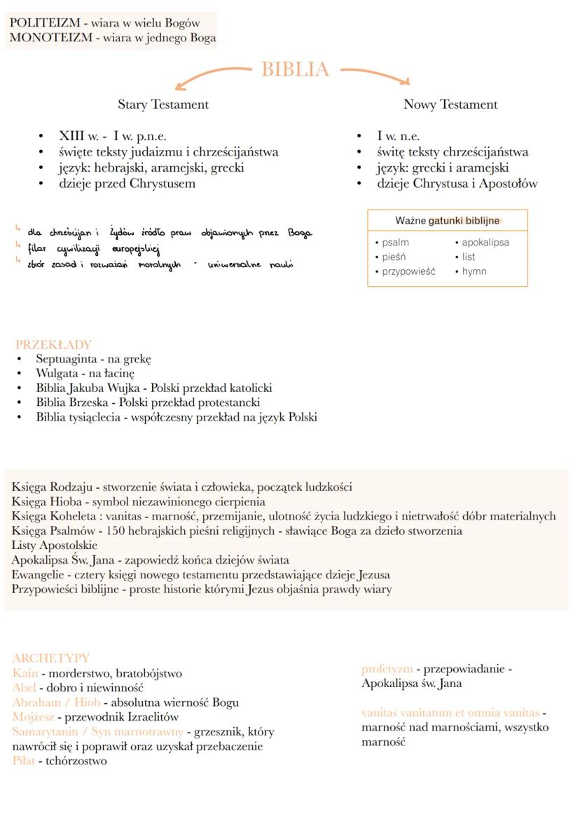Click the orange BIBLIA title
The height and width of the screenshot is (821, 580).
(x=295, y=69)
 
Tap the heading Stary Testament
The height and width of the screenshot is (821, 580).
(x=163, y=104)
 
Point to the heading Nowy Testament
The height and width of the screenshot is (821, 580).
(x=450, y=104)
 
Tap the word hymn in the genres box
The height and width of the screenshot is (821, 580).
(x=474, y=271)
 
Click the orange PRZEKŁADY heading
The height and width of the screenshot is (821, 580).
(x=53, y=344)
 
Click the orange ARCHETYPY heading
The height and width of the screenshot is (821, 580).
(x=51, y=658)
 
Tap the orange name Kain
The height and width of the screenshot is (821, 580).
(x=25, y=673)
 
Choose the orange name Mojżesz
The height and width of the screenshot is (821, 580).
(x=33, y=717)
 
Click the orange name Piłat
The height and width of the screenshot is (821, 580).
(x=23, y=761)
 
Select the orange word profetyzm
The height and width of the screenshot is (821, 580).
(x=387, y=669)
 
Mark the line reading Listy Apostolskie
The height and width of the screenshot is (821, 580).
(x=55, y=545)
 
